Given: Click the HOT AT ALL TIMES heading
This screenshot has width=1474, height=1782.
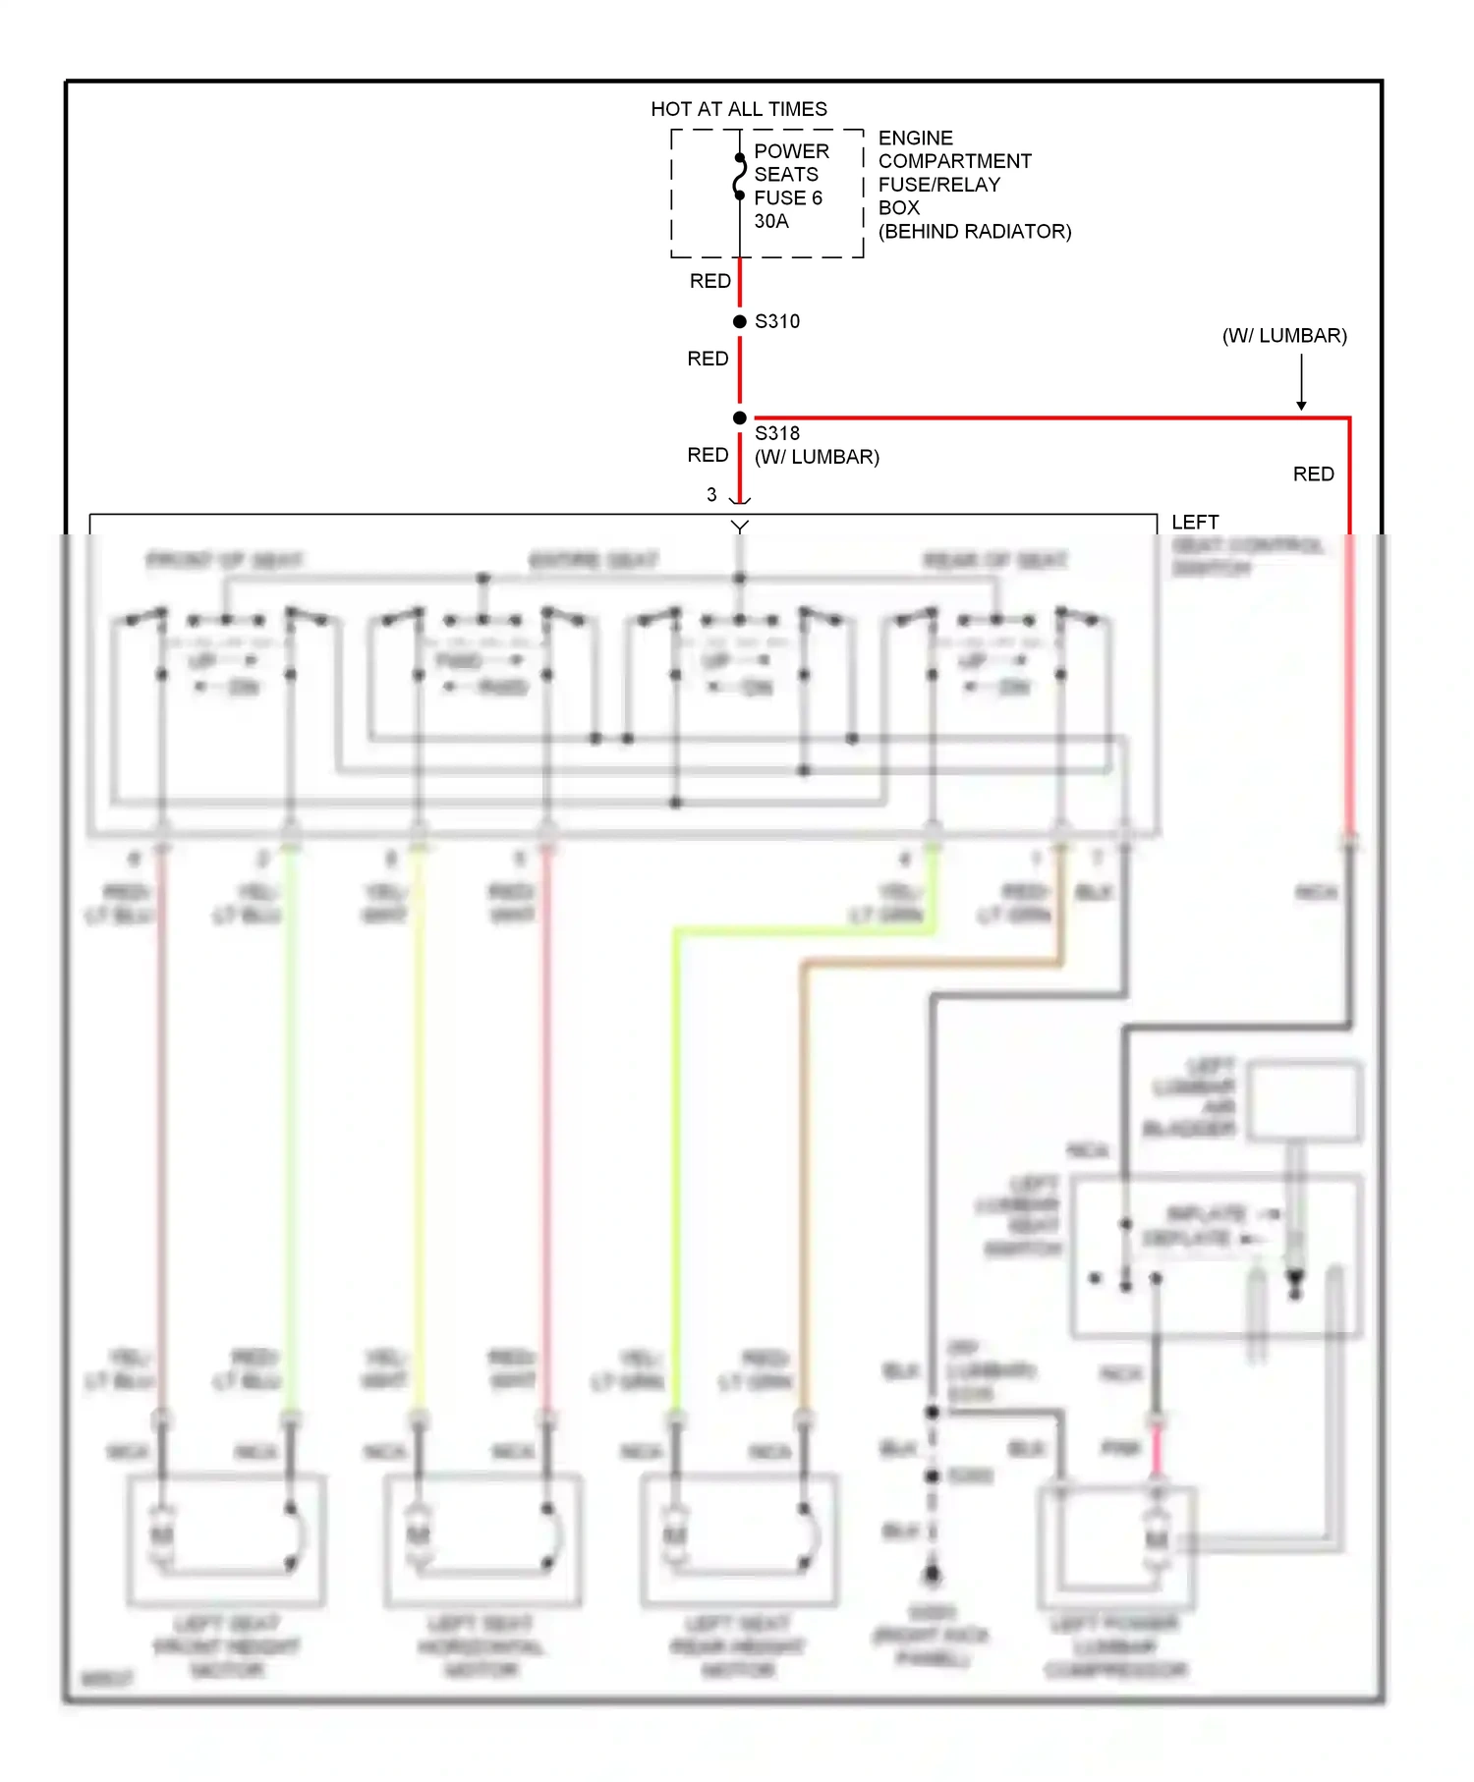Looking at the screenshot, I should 738,109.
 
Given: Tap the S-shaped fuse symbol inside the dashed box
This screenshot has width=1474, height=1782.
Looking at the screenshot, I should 739,177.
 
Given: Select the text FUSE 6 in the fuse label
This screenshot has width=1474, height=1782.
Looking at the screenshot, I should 787,197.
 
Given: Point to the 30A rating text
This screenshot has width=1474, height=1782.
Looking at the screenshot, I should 770,221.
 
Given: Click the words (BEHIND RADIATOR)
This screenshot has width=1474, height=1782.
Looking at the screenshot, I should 974,232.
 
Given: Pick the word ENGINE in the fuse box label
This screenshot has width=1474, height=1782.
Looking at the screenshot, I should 915,138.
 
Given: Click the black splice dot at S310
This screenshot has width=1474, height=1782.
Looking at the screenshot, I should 739,321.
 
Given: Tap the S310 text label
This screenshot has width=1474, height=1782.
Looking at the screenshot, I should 776,321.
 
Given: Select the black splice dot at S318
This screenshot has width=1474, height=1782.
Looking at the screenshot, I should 739,418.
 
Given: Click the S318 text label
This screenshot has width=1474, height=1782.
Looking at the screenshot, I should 776,433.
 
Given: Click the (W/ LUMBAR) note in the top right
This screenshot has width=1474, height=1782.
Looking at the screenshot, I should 1283,336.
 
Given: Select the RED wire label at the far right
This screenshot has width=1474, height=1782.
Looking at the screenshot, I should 1313,474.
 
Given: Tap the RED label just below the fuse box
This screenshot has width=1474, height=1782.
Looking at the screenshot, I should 709,281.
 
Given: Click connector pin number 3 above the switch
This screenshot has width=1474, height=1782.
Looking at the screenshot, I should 711,495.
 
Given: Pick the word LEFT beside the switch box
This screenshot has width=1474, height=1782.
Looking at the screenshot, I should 1194,522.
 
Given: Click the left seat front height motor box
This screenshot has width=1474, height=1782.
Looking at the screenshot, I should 226,1538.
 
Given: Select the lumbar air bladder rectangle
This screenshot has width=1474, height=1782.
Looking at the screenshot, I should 1304,1100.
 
